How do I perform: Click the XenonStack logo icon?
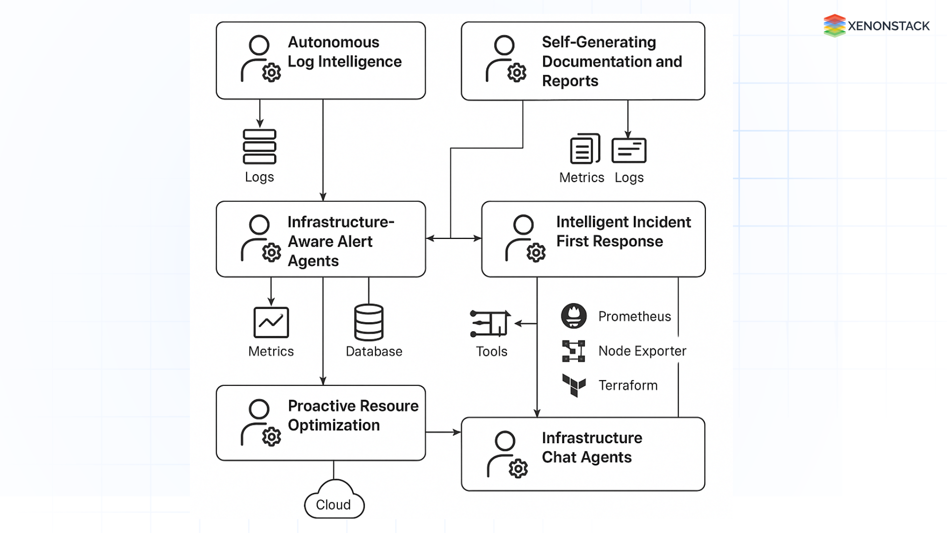(834, 26)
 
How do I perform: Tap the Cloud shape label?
(333, 505)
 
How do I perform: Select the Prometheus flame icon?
(574, 316)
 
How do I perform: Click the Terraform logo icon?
(574, 385)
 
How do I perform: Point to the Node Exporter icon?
(574, 351)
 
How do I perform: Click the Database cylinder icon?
(368, 322)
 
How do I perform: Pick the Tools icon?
(490, 324)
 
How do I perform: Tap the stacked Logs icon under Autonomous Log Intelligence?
(259, 147)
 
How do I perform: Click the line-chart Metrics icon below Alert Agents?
(271, 322)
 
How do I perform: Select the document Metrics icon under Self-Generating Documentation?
(584, 149)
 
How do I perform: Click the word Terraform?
(628, 385)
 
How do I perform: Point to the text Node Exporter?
(642, 351)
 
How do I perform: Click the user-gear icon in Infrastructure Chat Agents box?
(507, 455)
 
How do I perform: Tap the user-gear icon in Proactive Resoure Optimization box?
(260, 423)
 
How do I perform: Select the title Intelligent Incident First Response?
(623, 231)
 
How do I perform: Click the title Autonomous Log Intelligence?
(344, 52)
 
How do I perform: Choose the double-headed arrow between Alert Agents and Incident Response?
(453, 238)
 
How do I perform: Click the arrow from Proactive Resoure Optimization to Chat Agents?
(443, 432)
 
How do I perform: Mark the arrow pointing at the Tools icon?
(525, 324)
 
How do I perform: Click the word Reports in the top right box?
(570, 81)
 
